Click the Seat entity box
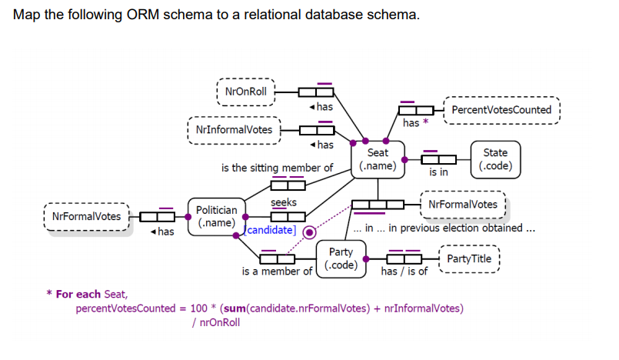click(378, 159)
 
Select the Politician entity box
click(216, 216)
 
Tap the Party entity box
click(341, 258)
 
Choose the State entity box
click(495, 159)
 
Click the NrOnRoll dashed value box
click(245, 92)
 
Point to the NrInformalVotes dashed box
click(234, 129)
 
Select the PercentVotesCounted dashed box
click(501, 110)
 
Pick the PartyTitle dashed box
click(469, 258)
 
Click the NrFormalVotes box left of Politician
click(86, 216)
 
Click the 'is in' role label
click(438, 173)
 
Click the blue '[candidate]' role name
click(271, 230)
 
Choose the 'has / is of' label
click(404, 272)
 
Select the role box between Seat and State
click(439, 159)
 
